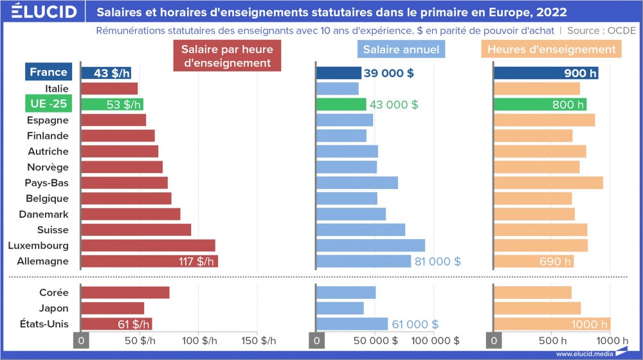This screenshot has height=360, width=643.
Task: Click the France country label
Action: point(48,73)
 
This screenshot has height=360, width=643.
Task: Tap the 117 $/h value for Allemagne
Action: point(196,261)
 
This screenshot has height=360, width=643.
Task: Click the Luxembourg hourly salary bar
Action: point(148,245)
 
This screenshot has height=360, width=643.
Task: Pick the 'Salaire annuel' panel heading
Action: point(401,50)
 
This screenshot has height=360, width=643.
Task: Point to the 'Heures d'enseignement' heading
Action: point(551,50)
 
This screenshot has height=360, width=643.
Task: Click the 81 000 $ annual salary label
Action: point(437,261)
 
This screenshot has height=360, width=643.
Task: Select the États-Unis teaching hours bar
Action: point(552,323)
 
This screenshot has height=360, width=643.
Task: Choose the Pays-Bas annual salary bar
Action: point(358,183)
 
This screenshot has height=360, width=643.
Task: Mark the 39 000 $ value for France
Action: point(388,73)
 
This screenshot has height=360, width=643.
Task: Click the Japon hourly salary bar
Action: point(113,308)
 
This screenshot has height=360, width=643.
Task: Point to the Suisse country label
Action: point(53,230)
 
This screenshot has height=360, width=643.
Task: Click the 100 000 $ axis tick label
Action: point(436,340)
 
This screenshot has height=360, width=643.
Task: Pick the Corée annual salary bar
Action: point(346,292)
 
